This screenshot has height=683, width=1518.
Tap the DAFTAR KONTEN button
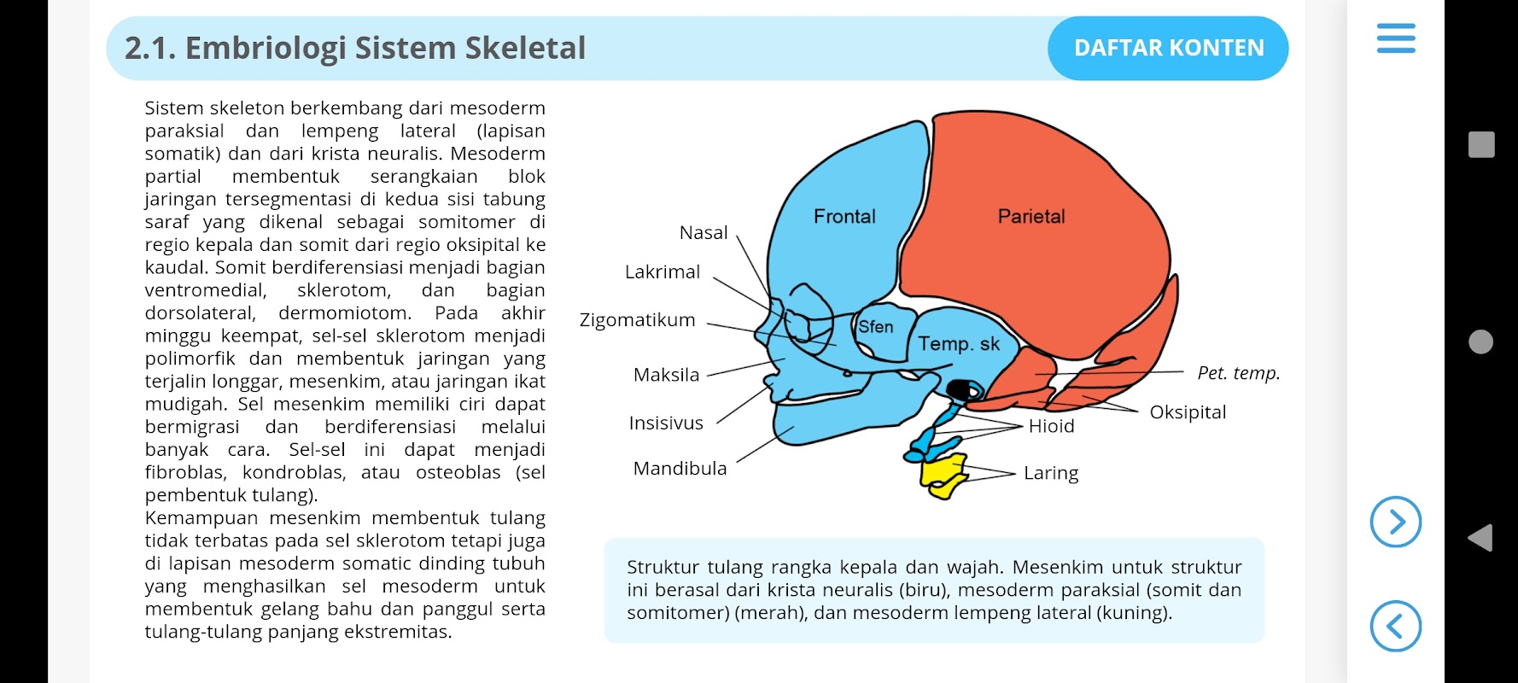tap(1168, 48)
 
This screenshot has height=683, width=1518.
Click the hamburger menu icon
tap(1396, 38)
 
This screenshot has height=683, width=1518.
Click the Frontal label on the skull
tap(844, 216)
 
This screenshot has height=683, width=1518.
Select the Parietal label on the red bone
tap(1031, 216)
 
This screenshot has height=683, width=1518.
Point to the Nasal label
tap(704, 232)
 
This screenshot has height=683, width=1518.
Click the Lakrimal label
tap(663, 271)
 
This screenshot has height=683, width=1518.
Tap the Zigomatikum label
tap(638, 320)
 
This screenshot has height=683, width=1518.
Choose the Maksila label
tap(666, 375)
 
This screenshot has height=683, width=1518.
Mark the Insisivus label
tap(666, 423)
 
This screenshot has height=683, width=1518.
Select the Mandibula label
tap(680, 468)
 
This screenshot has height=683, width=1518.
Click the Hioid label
tap(1051, 426)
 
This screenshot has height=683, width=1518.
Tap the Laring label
tap(1051, 473)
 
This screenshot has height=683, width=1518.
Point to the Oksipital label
tap(1188, 412)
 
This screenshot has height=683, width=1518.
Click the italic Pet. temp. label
tap(1239, 373)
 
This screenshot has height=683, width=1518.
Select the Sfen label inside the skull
tap(876, 327)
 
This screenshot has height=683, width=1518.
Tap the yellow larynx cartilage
tap(944, 475)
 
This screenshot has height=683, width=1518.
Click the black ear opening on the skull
tap(965, 390)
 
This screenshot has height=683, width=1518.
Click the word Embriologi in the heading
tap(266, 49)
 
